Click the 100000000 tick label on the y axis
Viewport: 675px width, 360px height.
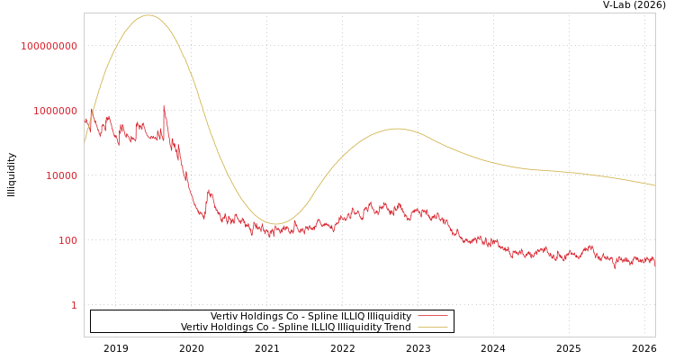point(49,46)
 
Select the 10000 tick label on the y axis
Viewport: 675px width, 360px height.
point(61,175)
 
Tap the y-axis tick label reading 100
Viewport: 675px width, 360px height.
point(67,240)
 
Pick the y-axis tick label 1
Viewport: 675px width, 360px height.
point(74,305)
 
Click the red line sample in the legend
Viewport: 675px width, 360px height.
point(432,317)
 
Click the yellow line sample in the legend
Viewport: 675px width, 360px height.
point(432,328)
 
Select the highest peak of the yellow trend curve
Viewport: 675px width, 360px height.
point(148,15)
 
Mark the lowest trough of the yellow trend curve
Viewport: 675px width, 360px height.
point(275,224)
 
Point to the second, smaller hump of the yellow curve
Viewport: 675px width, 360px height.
point(397,129)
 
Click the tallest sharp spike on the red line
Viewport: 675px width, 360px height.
point(164,106)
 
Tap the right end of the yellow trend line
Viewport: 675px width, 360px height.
point(654,185)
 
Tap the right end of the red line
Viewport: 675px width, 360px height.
point(654,261)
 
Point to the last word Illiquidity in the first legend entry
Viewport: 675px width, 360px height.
point(389,317)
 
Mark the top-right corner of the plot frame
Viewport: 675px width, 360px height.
point(655,13)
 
